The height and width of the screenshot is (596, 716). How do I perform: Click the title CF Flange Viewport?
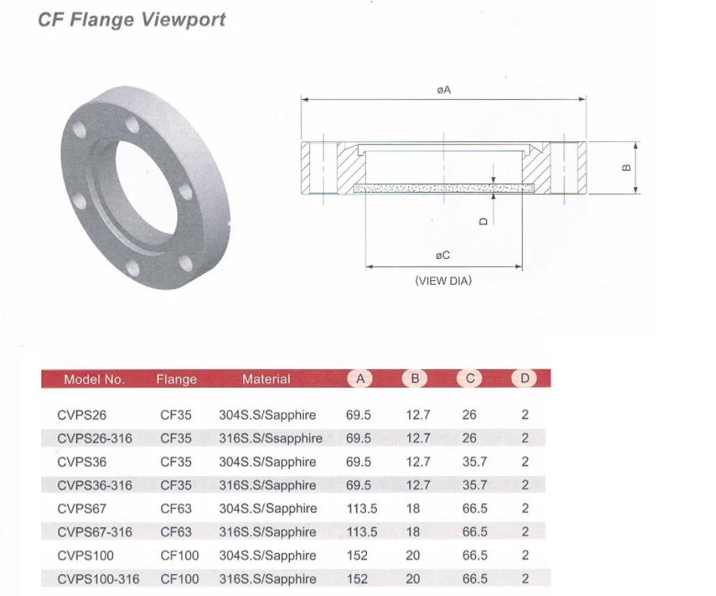pos(132,20)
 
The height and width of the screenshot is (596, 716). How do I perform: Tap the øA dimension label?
pos(444,90)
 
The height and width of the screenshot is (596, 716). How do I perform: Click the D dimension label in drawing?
pos(483,221)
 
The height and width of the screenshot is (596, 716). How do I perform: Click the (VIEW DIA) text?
pos(443,281)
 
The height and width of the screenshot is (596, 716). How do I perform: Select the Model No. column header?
pos(93,380)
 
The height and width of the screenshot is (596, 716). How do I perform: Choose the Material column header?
pos(266,379)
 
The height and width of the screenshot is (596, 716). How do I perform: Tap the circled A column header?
pos(360,379)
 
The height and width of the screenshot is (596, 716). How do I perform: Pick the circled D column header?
pos(524,379)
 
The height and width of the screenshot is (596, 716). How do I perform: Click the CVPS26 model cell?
pos(82,415)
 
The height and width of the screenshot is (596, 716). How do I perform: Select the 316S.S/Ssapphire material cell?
pos(270,438)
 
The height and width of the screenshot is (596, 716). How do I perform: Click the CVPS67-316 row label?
pos(94,532)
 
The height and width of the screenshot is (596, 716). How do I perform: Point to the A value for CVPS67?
pos(362,509)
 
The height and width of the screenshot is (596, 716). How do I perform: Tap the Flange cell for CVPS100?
pos(179,555)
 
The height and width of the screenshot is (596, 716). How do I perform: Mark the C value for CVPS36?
pos(474,462)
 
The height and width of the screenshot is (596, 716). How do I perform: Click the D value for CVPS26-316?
pos(525,438)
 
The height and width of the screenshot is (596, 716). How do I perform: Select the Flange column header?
pos(176,380)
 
